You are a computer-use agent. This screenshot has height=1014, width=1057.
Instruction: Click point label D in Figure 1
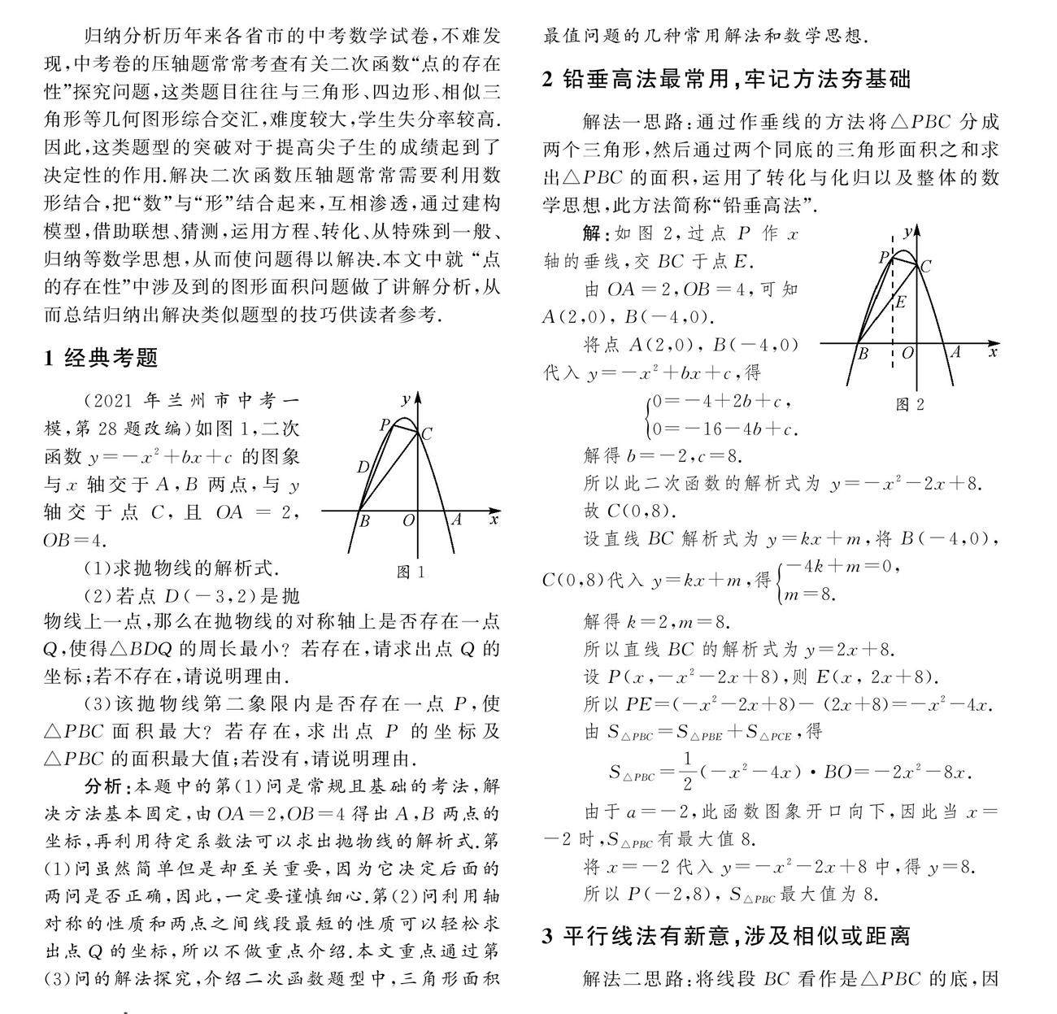(363, 466)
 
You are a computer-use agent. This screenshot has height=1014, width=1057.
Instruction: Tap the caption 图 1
(410, 572)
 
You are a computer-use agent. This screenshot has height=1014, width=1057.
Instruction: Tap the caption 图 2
(910, 404)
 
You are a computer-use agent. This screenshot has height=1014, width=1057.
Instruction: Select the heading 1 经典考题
(101, 358)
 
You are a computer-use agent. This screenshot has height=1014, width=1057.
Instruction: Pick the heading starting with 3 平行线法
(725, 937)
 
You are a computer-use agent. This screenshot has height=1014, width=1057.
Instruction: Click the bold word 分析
(105, 786)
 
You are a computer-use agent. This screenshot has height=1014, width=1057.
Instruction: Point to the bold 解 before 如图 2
(593, 234)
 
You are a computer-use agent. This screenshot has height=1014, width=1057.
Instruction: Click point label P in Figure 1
(385, 424)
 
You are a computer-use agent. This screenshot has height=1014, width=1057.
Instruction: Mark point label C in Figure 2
(924, 265)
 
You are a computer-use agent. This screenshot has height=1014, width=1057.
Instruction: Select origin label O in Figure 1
(409, 520)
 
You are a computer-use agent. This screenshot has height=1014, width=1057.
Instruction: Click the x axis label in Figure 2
(993, 352)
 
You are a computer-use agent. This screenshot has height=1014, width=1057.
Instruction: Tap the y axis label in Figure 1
(405, 398)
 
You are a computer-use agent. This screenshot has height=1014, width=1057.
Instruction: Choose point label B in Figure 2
(863, 354)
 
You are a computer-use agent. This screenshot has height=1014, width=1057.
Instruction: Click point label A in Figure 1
(457, 520)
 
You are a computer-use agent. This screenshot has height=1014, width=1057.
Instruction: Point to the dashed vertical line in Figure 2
(893, 325)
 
